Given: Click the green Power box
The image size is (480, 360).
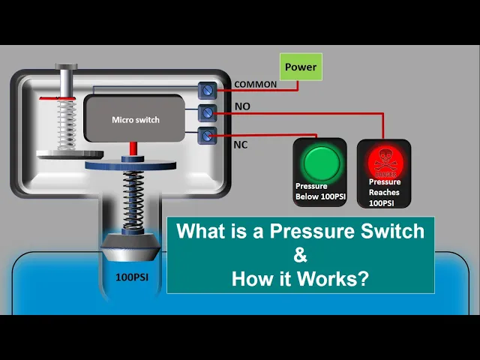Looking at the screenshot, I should [x=301, y=67].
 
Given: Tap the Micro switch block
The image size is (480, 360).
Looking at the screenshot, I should [x=135, y=119].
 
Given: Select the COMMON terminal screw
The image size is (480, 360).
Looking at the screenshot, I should [x=207, y=90].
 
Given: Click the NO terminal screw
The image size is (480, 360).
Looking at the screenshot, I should [x=207, y=113].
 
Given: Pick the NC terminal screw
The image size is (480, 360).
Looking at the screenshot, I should [x=207, y=136].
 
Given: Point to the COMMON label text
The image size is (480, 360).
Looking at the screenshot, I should [x=255, y=85].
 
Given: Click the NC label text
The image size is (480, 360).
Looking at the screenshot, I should [x=241, y=144].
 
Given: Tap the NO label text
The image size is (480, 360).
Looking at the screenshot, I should [x=242, y=107].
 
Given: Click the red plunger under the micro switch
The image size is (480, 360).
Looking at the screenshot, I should [x=133, y=149].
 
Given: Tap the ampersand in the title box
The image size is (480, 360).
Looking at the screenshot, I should [x=300, y=255].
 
